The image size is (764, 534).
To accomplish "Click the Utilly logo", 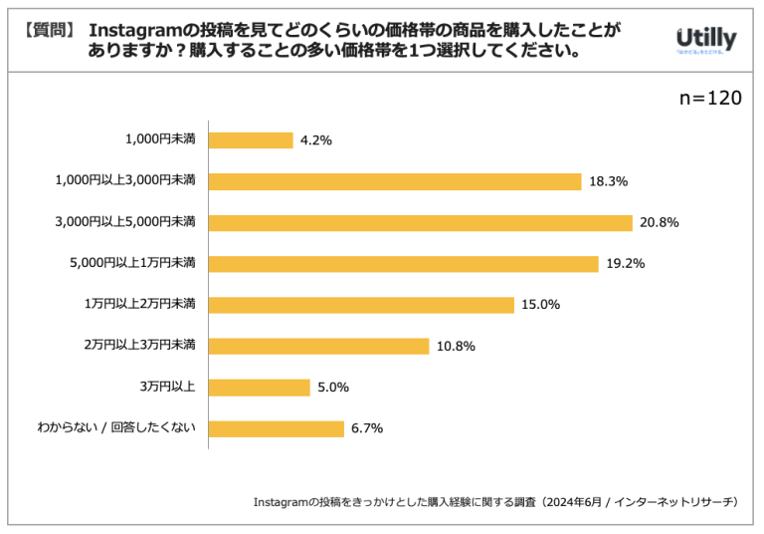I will (704, 40).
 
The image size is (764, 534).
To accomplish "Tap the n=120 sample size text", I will (709, 98).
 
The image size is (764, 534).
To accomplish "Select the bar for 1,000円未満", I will (251, 140).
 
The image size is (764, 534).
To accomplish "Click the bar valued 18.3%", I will (395, 181).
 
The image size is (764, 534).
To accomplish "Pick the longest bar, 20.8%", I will (421, 222).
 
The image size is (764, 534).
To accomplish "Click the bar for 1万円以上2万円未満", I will (361, 305).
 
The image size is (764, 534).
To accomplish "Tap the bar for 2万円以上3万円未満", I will (318, 346).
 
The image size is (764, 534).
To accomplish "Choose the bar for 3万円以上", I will (260, 388).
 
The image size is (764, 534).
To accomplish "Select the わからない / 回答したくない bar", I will (276, 428).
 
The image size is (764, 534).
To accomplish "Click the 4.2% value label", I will (316, 140).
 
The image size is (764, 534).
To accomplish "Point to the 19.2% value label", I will (626, 264).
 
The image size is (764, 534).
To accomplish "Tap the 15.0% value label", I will (540, 305).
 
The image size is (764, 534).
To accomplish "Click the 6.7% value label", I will (366, 428).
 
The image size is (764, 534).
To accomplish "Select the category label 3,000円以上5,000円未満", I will (125, 221).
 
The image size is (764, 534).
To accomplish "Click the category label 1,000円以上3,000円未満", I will (125, 180).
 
